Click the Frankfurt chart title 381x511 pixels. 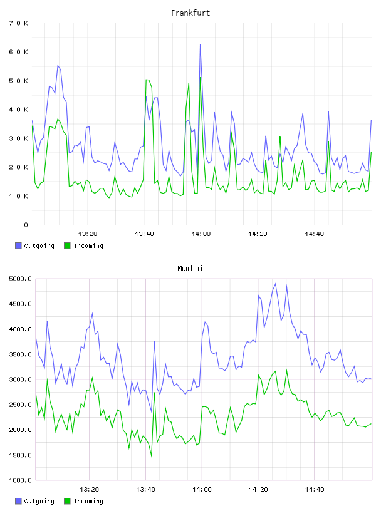pyautogui.click(x=190, y=13)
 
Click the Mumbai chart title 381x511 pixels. pyautogui.click(x=190, y=268)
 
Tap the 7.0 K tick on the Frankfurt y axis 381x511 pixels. pyautogui.click(x=18, y=23)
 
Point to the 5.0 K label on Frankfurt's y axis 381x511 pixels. pyautogui.click(x=18, y=81)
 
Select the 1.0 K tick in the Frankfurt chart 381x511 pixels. pyautogui.click(x=18, y=196)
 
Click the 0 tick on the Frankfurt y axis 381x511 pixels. pyautogui.click(x=26, y=225)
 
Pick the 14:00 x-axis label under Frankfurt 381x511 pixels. pyautogui.click(x=201, y=234)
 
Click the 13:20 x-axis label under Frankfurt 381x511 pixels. pyautogui.click(x=88, y=234)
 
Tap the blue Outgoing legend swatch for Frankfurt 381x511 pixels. pyautogui.click(x=18, y=245)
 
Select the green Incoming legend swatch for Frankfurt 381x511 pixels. pyautogui.click(x=67, y=245)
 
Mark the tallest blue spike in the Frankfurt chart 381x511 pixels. pyautogui.click(x=201, y=44)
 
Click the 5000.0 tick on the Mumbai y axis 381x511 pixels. pyautogui.click(x=20, y=279)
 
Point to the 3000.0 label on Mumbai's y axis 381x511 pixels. pyautogui.click(x=20, y=379)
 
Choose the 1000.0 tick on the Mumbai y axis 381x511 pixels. pyautogui.click(x=20, y=480)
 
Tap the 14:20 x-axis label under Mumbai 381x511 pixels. pyautogui.click(x=258, y=489)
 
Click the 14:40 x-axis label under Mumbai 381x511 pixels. pyautogui.click(x=315, y=489)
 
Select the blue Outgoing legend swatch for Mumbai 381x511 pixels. pyautogui.click(x=18, y=501)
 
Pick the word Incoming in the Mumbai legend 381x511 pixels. pyautogui.click(x=88, y=501)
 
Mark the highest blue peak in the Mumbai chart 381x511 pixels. pyautogui.click(x=275, y=284)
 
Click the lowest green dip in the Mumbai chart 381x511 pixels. pyautogui.click(x=152, y=457)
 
